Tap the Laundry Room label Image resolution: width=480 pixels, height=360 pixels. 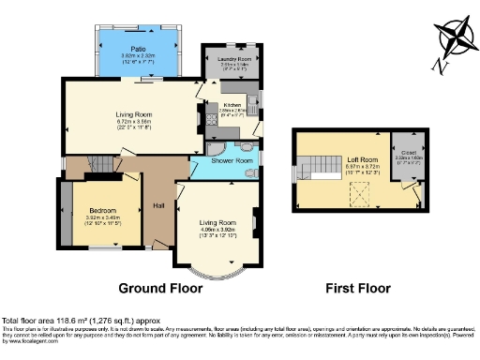pyautogui.click(x=232, y=59)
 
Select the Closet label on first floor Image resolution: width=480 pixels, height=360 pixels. pyautogui.click(x=411, y=151)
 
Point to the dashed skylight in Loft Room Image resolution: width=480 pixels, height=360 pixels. pyautogui.click(x=357, y=192)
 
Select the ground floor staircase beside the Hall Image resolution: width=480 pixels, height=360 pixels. pyautogui.click(x=98, y=166)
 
